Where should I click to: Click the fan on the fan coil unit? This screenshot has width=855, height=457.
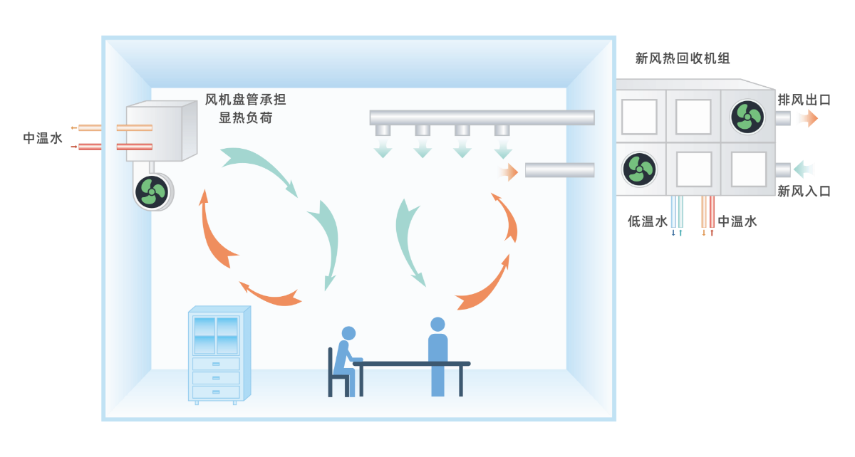point(152,191)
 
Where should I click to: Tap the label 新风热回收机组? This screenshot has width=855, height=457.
point(683,58)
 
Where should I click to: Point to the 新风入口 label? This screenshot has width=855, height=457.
point(804,191)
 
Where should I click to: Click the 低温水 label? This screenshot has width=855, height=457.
point(647,221)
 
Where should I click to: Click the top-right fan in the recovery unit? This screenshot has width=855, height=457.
point(748,115)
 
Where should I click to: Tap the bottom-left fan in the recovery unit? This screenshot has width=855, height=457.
point(638,169)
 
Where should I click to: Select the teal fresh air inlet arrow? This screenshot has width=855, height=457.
point(804,169)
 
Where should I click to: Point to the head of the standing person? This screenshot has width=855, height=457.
point(437,325)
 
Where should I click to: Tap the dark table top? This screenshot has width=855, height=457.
point(412,364)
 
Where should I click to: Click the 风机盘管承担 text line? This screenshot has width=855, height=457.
point(245,100)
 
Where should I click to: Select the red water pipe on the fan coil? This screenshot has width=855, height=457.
point(133,147)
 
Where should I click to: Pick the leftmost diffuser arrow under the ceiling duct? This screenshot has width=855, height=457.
point(383,148)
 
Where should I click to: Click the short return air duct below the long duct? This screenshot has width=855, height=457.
point(559,170)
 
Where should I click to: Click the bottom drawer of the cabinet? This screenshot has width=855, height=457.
point(216,392)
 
